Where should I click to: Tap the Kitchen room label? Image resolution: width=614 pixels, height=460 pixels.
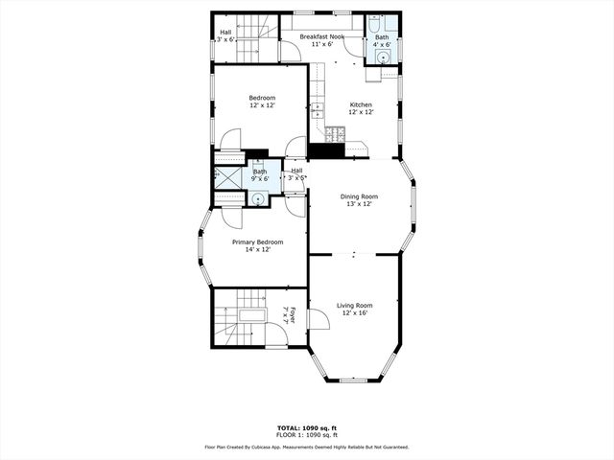pos(360,104)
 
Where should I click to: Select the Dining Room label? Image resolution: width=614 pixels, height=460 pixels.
pos(360,196)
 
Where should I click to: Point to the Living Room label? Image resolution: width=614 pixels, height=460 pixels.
pos(355,306)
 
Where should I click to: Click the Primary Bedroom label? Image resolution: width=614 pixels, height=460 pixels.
pos(257,242)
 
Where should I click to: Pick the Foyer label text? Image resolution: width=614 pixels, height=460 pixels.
pos(292,314)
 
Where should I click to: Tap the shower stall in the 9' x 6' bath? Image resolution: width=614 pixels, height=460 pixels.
pos(228,178)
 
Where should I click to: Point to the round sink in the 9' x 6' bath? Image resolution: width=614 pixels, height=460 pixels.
pos(258,198)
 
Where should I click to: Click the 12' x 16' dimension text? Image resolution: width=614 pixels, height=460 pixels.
pos(355,313)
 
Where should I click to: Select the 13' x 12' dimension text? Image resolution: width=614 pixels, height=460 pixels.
pos(360,204)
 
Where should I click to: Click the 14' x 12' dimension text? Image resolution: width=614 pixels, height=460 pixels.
pos(257,250)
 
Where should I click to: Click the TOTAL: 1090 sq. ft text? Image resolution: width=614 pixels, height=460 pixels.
pos(307,427)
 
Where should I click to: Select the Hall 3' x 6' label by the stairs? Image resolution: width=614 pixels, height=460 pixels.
pos(225,36)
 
